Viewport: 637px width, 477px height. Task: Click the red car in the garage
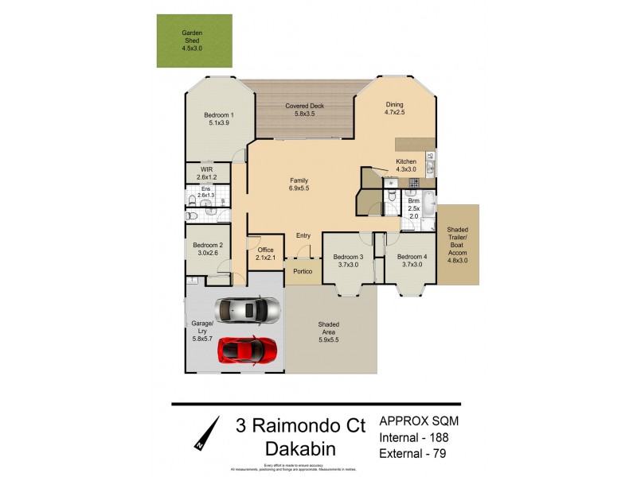[x=248, y=348]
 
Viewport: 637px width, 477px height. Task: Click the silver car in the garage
[x=248, y=308]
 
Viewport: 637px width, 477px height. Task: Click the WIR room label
[x=206, y=169]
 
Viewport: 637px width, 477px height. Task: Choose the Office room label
[x=265, y=250]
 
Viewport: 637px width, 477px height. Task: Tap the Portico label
[x=303, y=271]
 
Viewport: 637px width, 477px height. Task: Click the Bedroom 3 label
[x=348, y=257]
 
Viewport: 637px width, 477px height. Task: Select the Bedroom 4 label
[x=412, y=257]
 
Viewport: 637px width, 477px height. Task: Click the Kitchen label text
[x=406, y=162]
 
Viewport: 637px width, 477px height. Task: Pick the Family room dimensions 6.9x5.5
[x=299, y=188]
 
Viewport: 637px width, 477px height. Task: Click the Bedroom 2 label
[x=206, y=246]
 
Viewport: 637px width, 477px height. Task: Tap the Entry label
[x=303, y=235]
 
